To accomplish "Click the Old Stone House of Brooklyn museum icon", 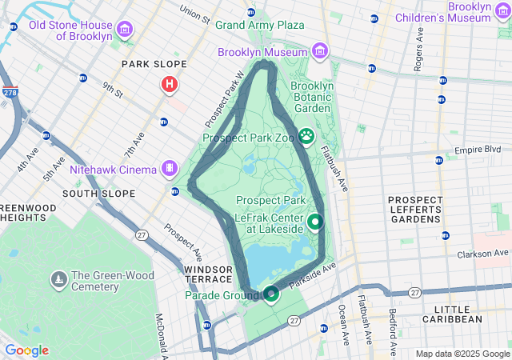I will tap(124, 30).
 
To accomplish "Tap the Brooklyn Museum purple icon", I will tap(320, 52).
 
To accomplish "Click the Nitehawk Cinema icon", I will tap(170, 168).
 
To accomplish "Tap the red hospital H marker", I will tap(169, 84).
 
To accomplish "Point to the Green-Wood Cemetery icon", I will tap(58, 280).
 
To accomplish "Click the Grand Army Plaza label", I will tap(260, 25).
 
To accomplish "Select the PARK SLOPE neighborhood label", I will tap(154, 64).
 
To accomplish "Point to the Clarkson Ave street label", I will tap(484, 254).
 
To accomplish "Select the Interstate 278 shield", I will tap(9, 93).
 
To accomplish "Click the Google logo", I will tap(27, 350).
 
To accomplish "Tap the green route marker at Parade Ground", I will tap(271, 294).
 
